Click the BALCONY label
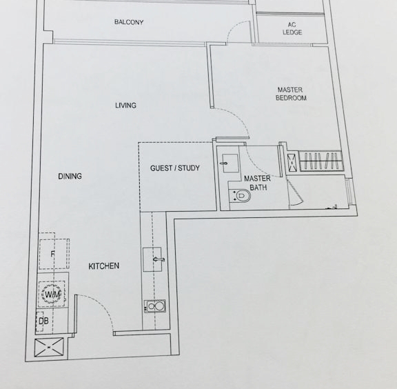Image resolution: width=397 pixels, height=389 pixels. (x=129, y=22)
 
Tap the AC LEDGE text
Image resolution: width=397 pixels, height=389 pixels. (x=292, y=29)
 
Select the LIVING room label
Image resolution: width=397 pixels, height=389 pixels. (x=125, y=105)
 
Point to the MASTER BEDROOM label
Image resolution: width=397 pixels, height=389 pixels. (x=291, y=94)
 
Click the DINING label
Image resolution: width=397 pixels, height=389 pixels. (x=70, y=176)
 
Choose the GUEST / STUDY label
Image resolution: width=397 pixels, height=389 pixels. (x=174, y=168)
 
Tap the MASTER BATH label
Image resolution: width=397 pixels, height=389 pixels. (x=258, y=183)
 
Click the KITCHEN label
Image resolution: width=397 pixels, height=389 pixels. (x=104, y=266)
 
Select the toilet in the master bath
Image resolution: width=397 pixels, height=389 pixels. (x=240, y=196)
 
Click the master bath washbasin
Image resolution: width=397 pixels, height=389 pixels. (x=230, y=163)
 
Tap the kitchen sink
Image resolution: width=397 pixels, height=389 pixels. (x=152, y=259)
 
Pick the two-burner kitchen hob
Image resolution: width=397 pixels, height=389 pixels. (x=154, y=306)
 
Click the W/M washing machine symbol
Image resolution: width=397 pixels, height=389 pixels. (x=52, y=295)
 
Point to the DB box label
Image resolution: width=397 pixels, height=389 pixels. (x=43, y=321)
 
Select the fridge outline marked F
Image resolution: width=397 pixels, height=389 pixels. (x=54, y=254)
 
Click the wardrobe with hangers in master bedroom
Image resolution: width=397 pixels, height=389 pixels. (x=320, y=161)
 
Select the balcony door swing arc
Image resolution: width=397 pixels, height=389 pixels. (x=236, y=28)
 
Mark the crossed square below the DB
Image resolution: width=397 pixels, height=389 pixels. (x=49, y=347)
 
